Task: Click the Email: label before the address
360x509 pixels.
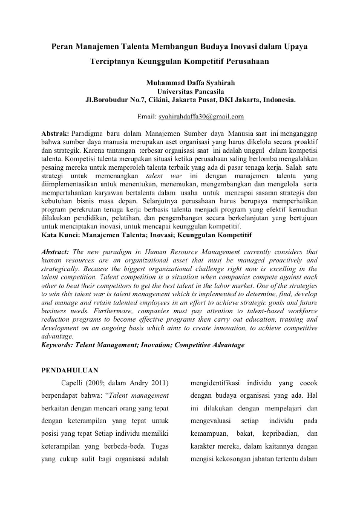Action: [148, 116]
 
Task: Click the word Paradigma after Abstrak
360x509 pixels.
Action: [90, 132]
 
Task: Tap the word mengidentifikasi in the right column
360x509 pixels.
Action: [223, 383]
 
